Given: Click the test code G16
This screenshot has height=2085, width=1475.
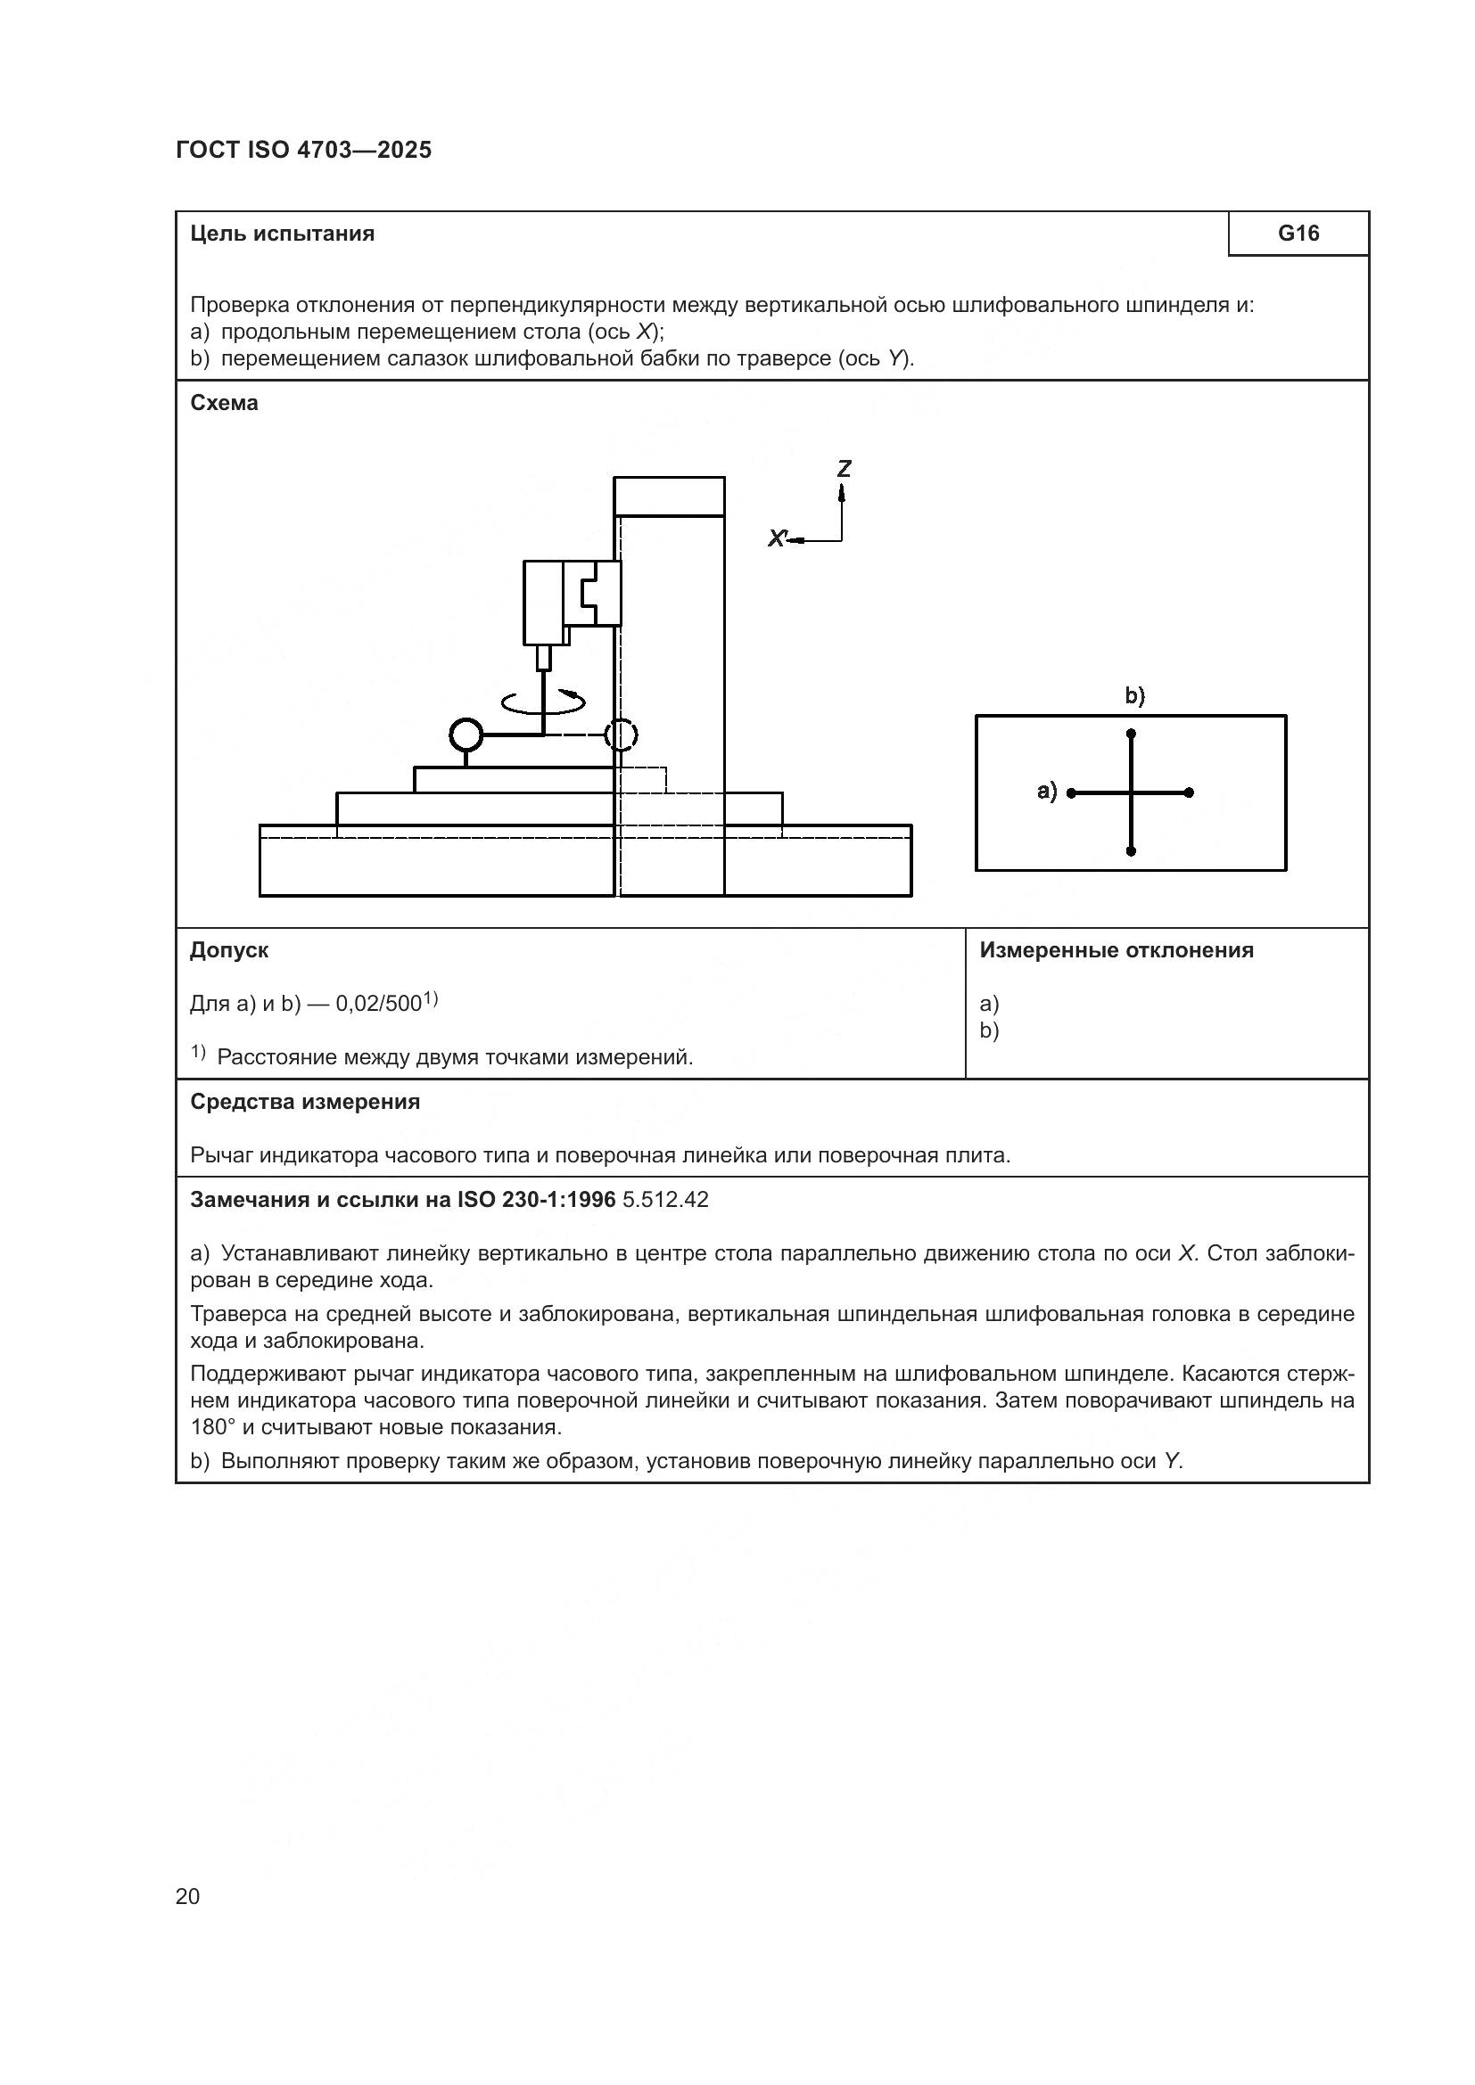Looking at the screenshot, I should (1298, 234).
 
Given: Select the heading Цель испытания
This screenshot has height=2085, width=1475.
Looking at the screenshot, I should (282, 234).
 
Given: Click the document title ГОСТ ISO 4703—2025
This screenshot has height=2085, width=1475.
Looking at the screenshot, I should (303, 150).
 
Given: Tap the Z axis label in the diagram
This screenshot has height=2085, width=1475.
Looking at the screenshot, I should (844, 469).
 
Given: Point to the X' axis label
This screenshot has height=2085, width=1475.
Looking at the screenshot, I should (777, 538).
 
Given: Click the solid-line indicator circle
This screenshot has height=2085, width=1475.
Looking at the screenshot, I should (466, 734).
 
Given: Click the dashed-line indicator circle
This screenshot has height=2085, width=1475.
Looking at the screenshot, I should (622, 734).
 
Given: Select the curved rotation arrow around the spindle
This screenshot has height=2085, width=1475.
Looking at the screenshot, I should (543, 701).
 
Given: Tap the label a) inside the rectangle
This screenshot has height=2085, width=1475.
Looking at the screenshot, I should (1047, 791).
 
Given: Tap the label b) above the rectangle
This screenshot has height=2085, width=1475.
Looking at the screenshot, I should (1135, 695).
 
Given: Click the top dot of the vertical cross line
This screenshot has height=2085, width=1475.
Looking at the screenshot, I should (1131, 733).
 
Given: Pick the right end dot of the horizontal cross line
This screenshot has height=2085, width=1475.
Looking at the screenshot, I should (1189, 792).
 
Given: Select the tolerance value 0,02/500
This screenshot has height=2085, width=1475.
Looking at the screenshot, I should (379, 1004).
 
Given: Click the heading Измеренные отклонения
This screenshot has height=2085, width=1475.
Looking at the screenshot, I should (1117, 950).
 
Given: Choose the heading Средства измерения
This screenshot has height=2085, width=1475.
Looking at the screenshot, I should (304, 1102).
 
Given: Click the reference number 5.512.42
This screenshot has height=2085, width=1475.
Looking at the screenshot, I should (665, 1200).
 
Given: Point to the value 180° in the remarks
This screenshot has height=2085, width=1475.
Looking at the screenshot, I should (210, 1426).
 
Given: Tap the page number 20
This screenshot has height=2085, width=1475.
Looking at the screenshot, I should (187, 1896).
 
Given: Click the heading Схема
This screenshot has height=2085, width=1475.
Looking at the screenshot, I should (224, 402).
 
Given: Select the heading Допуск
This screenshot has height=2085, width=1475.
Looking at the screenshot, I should (229, 950).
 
